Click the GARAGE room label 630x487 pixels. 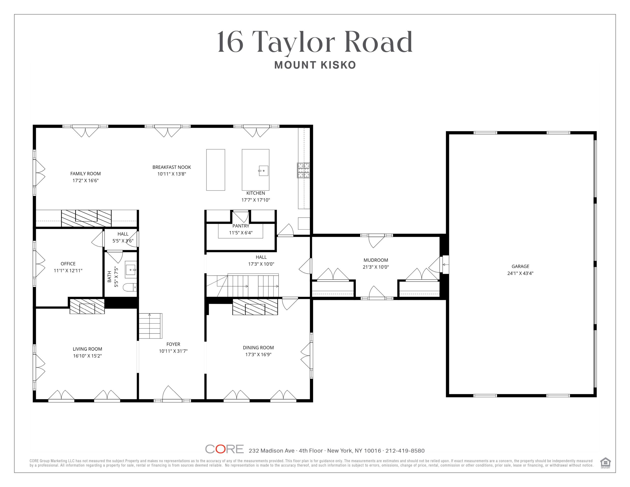coord(520,266)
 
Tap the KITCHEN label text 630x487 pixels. coord(256,193)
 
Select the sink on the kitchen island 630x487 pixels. coord(263,171)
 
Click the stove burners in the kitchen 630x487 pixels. coord(303,170)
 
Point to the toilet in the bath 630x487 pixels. coord(130,287)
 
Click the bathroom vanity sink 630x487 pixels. coord(131,270)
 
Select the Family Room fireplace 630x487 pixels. coord(86,218)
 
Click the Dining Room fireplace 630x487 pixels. coord(255,307)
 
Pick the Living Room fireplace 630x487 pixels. coord(87,306)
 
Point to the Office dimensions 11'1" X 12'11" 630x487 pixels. coord(68,271)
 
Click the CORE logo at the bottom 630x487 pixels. coord(224,449)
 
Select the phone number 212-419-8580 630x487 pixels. coord(405,451)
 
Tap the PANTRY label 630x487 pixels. coord(241,226)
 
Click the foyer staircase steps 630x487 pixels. coord(150,326)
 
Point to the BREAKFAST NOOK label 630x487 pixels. coord(172,167)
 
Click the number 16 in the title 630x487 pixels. coord(230,42)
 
